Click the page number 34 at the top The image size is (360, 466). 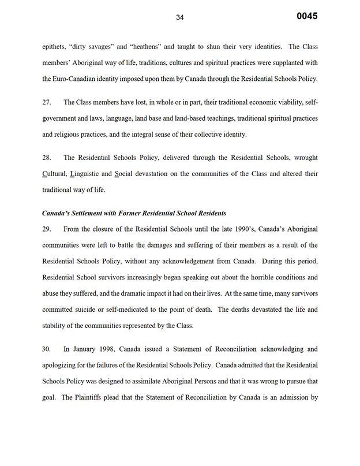point(179,17)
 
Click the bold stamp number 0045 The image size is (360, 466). point(307,16)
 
